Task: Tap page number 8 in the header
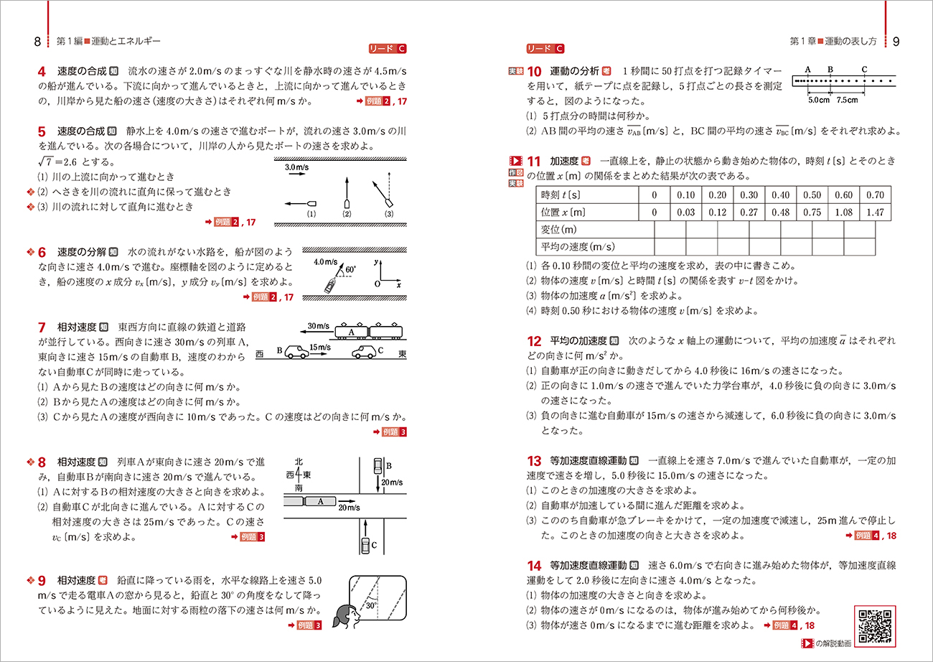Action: pyautogui.click(x=37, y=41)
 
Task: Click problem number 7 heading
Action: pyautogui.click(x=42, y=327)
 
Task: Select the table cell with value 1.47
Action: pyautogui.click(x=875, y=212)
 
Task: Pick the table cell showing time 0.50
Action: pyautogui.click(x=812, y=195)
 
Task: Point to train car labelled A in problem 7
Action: pyautogui.click(x=352, y=332)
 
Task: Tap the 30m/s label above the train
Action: pyautogui.click(x=316, y=326)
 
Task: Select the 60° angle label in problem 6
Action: pyautogui.click(x=350, y=269)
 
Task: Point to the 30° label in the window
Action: pyautogui.click(x=370, y=605)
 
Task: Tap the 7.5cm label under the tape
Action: pyautogui.click(x=847, y=100)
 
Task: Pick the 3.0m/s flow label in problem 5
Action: pyautogui.click(x=297, y=167)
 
